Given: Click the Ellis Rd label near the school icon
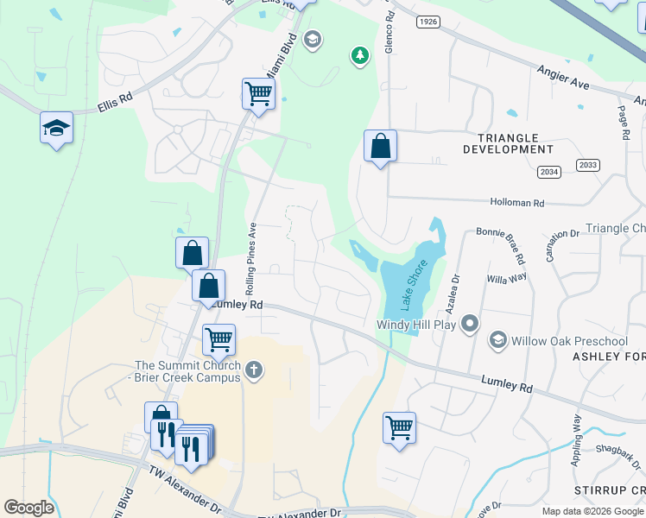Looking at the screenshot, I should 114,100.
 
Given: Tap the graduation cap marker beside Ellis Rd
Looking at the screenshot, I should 57,129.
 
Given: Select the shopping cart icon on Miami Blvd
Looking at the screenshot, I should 258,93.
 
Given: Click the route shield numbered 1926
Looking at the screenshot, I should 427,21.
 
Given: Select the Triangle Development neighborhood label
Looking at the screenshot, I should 501,143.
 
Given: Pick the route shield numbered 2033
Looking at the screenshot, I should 587,165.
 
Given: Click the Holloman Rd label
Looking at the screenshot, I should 517,203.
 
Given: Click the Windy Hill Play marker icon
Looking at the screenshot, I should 470,324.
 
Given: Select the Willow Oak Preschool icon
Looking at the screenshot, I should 497,340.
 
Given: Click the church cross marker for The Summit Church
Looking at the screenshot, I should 253,370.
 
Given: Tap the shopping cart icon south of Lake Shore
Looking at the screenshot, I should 399,426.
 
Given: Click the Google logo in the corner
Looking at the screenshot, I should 28,508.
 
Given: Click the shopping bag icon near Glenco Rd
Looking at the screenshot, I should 380,147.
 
